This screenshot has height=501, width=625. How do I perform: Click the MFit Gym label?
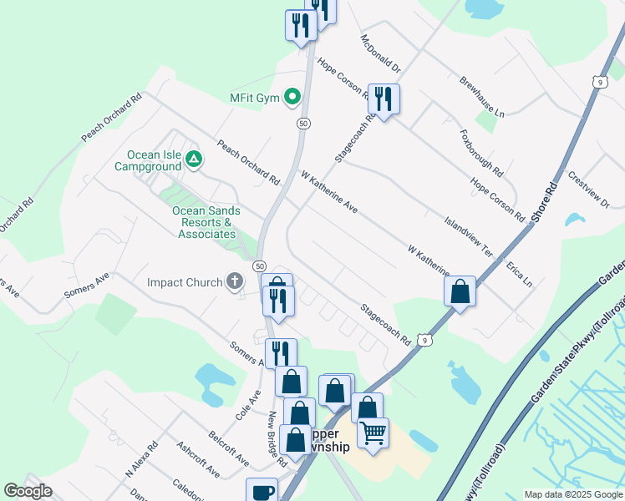(x=254, y=99)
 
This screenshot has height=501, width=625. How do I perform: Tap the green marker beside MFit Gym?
(x=292, y=99)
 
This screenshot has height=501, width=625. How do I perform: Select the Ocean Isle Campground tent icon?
(x=194, y=158)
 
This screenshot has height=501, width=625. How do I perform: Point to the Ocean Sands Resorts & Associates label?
(x=205, y=222)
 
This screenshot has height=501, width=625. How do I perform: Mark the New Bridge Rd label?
(x=277, y=438)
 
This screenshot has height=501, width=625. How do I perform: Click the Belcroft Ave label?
(x=228, y=448)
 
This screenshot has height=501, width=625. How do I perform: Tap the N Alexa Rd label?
(x=141, y=458)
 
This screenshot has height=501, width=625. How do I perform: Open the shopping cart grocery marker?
(x=373, y=433)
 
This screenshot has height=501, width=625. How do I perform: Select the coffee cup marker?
(x=261, y=490)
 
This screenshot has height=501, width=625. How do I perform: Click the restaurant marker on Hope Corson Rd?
(x=384, y=99)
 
